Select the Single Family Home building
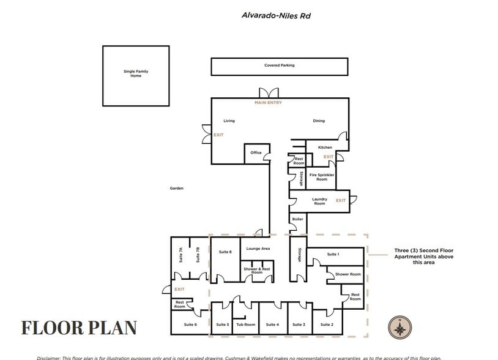coord(135,75)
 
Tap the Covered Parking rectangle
coord(279,66)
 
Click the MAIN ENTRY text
coord(268,103)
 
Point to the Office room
coord(256,153)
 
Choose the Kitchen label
coord(325,148)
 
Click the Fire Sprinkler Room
coord(322,177)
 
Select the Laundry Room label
coord(319,201)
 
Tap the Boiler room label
coord(297,219)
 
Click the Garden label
coord(177,189)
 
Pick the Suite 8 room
coord(225,252)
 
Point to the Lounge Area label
coord(258,249)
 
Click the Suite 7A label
coord(180,255)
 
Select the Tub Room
coord(245,324)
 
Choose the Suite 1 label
coord(333,254)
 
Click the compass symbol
coord(400,329)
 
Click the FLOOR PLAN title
coord(79,328)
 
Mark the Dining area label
coord(319,121)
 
